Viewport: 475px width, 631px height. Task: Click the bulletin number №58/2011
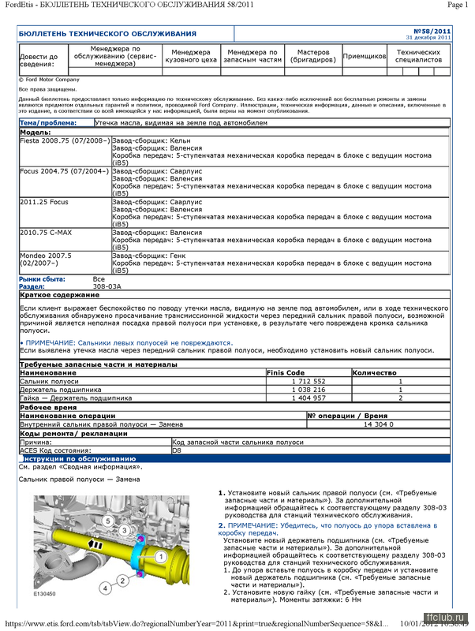[x=437, y=32]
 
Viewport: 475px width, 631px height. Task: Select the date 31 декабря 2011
[x=428, y=38]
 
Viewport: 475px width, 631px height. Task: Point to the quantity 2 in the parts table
[x=400, y=398]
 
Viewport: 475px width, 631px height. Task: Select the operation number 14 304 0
[x=378, y=424]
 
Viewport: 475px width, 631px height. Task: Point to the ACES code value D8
[x=178, y=450]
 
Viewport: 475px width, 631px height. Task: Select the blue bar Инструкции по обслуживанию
[x=79, y=458]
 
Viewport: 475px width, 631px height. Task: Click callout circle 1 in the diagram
[x=159, y=556]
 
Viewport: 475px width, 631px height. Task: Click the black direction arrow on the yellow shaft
[x=116, y=543]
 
